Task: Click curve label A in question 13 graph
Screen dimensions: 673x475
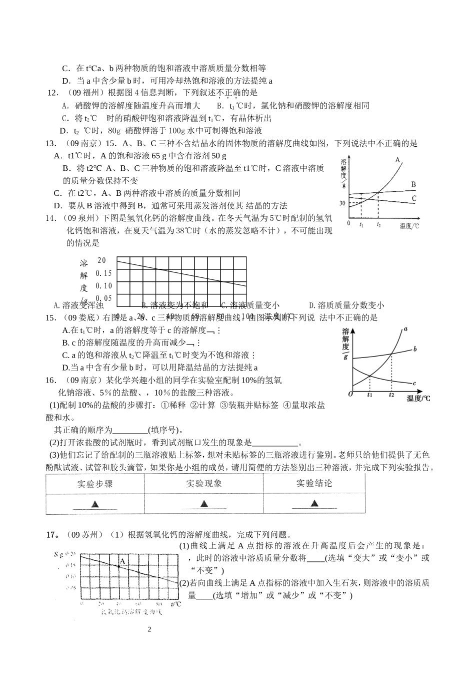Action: (398, 160)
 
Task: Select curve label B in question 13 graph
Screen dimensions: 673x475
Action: (413, 185)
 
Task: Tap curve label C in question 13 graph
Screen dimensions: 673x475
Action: (413, 199)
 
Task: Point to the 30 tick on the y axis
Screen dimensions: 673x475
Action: (342, 203)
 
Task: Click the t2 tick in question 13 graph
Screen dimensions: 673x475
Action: (378, 225)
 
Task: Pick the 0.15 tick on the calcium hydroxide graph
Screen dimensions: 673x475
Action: (104, 273)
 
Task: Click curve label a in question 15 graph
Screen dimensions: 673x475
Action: (406, 328)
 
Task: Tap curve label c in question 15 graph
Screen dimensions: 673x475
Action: (414, 383)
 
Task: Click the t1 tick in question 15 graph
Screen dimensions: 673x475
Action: (369, 395)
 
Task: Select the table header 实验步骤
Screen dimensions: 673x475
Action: (95, 484)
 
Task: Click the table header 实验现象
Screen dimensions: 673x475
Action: (204, 484)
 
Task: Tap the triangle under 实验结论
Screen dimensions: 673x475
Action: (313, 504)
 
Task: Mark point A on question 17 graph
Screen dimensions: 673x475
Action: (121, 561)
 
